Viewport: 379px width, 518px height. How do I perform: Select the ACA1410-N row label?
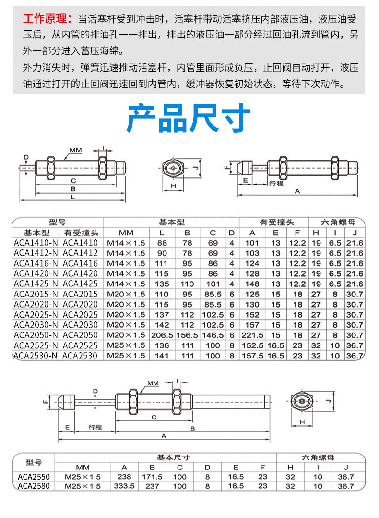coord(36,243)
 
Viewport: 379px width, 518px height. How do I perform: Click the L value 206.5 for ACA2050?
coord(162,335)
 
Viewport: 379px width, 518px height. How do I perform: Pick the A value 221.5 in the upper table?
coord(254,335)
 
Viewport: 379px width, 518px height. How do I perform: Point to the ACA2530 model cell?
coord(80,356)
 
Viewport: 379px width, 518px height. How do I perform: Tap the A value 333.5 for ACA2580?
coord(125,486)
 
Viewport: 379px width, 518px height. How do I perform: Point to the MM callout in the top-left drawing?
coord(75,150)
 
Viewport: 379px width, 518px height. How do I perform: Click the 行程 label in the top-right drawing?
coord(276,183)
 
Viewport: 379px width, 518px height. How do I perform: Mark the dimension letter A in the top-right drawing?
coord(297,191)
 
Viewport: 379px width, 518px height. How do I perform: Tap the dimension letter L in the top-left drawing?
coord(72,197)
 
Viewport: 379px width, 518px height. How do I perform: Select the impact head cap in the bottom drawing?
coord(67,401)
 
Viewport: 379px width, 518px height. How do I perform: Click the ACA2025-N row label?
coord(36,314)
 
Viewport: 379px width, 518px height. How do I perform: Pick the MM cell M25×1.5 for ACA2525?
coord(126,345)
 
